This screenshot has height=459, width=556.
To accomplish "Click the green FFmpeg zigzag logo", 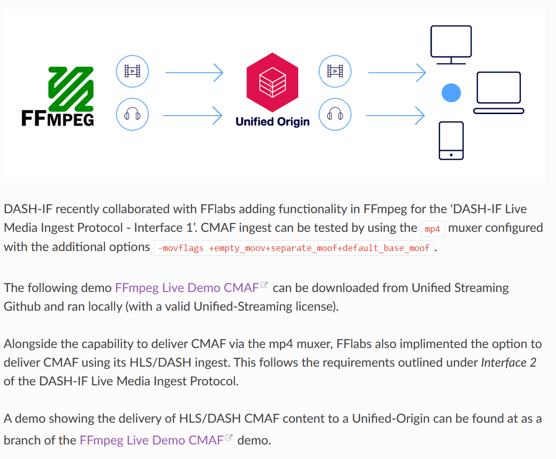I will pyautogui.click(x=71, y=89).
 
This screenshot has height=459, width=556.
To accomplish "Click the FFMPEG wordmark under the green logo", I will pyautogui.click(x=58, y=119).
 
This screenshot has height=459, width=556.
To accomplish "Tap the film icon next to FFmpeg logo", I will pyautogui.click(x=132, y=71).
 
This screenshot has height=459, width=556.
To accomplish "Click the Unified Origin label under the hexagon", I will pyautogui.click(x=272, y=122).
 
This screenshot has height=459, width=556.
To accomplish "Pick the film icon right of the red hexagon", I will pyautogui.click(x=335, y=71).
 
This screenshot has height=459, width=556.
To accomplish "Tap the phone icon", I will pyautogui.click(x=451, y=141).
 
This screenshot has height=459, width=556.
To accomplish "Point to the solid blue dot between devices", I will pyautogui.click(x=451, y=93).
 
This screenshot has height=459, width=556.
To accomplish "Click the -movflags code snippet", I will pyautogui.click(x=294, y=248).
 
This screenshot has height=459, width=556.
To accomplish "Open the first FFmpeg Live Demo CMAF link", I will pyautogui.click(x=187, y=287).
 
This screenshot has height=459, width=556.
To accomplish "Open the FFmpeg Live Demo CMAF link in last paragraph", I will pyautogui.click(x=151, y=440).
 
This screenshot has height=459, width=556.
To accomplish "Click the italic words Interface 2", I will pyautogui.click(x=509, y=363).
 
